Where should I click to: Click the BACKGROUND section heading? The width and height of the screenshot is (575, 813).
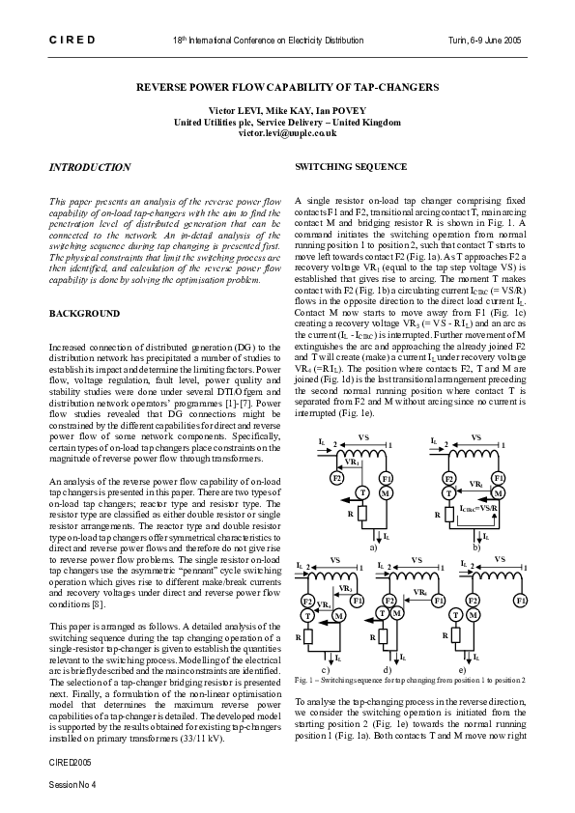84,314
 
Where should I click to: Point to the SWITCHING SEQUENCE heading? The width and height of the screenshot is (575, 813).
336,166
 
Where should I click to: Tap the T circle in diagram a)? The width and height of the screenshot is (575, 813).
361,492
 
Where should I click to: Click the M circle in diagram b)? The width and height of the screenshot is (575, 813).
499,493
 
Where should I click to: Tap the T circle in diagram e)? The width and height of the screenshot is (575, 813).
474,614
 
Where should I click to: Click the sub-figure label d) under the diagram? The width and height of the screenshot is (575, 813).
387,668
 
